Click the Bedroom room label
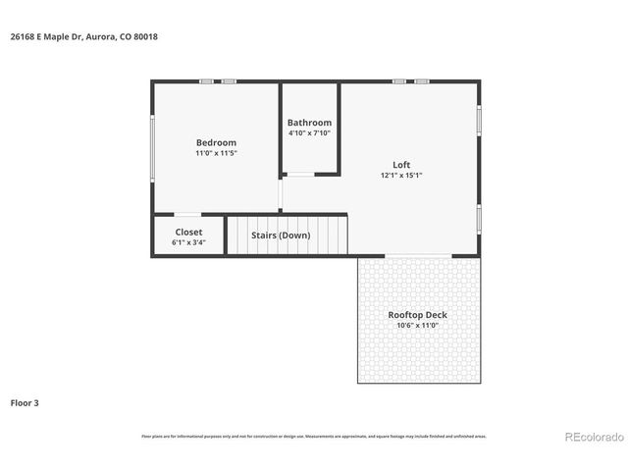(216, 142)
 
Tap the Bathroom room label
(309, 123)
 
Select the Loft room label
(401, 165)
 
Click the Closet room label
(188, 232)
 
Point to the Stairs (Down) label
(281, 235)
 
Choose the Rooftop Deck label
(417, 315)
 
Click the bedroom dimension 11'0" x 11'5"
(216, 153)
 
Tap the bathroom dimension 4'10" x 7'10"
(309, 132)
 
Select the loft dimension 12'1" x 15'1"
(401, 176)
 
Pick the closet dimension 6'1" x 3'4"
(188, 241)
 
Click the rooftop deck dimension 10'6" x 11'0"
(417, 325)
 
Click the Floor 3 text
(25, 402)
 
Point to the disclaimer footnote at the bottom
(313, 436)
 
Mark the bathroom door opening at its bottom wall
(299, 175)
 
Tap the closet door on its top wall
(188, 214)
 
